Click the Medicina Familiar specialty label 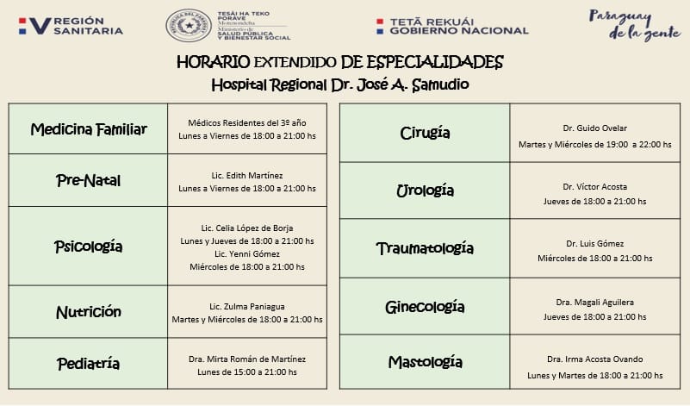(x=89, y=129)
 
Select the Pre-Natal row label (x=88, y=181)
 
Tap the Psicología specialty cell (x=88, y=247)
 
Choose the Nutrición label (x=88, y=312)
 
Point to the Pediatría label (x=88, y=363)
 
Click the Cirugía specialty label (x=425, y=134)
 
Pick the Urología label (x=425, y=191)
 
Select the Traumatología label (x=425, y=248)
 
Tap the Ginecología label (x=425, y=307)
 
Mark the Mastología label (x=425, y=361)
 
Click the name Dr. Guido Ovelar (x=594, y=128)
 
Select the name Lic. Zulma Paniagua (x=247, y=306)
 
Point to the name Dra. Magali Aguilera (x=594, y=302)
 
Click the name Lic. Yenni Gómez (x=247, y=254)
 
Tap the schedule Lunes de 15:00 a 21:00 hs (x=247, y=372)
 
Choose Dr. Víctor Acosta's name (x=594, y=186)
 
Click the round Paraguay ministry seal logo (x=188, y=26)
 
